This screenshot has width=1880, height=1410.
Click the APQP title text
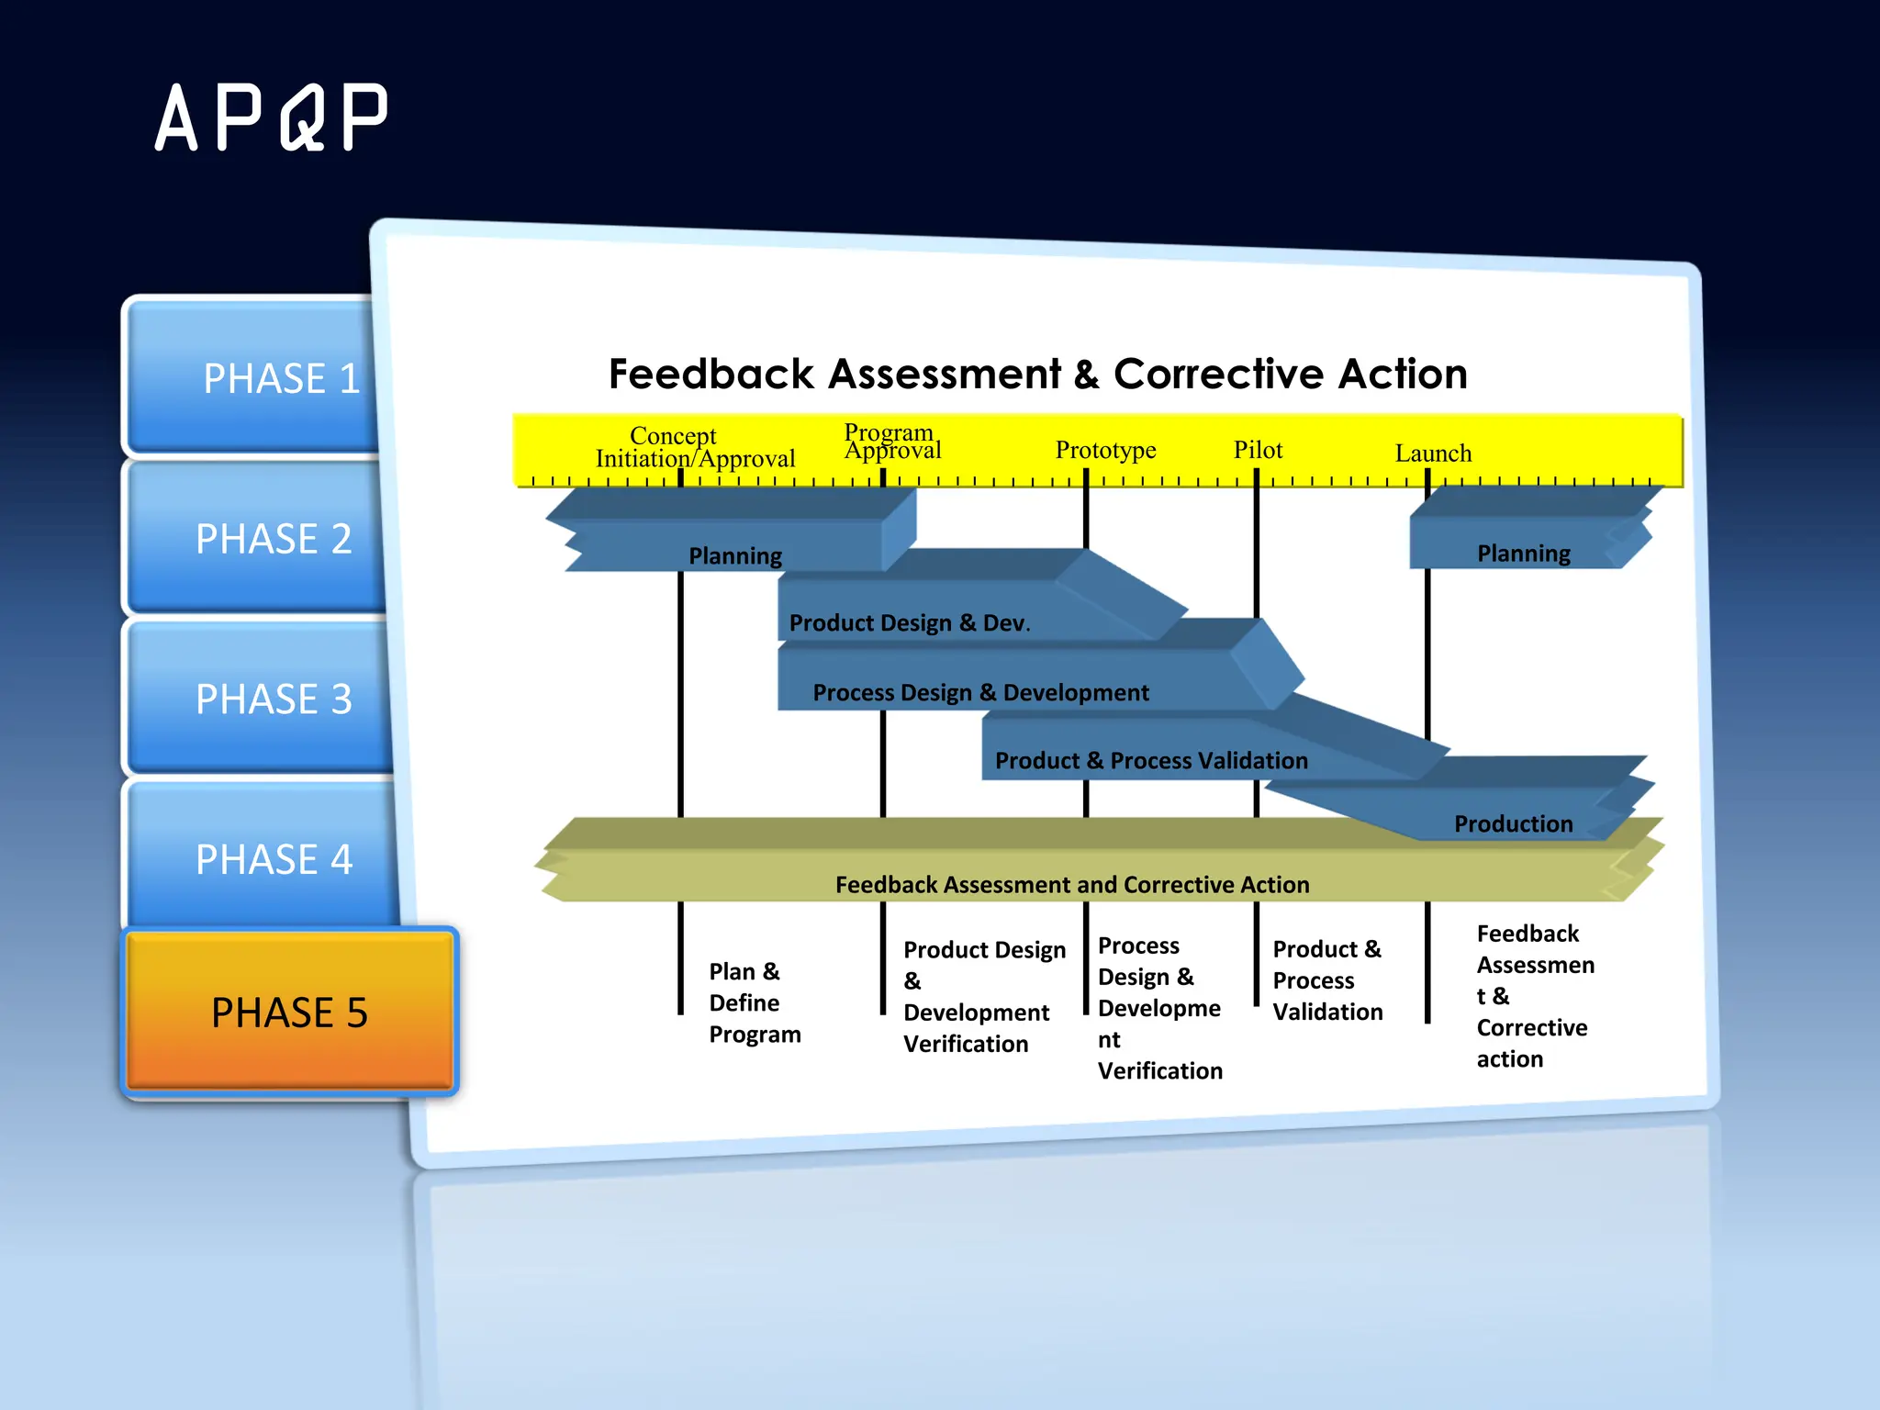click(272, 117)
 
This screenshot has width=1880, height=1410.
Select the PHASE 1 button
click(266, 378)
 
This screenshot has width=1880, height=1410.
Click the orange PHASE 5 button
click(289, 1013)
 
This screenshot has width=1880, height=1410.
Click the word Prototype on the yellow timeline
click(1105, 450)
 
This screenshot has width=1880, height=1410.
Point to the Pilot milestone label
click(1258, 450)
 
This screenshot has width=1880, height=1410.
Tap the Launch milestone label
click(1433, 453)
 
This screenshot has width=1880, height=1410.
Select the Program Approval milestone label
click(892, 442)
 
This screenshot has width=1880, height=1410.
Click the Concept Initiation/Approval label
click(695, 447)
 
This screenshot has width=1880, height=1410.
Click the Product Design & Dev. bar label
click(909, 623)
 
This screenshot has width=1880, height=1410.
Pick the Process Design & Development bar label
click(980, 693)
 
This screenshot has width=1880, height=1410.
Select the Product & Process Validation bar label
click(1151, 761)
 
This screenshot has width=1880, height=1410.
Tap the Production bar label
click(1513, 824)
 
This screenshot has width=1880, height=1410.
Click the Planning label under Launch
click(1523, 554)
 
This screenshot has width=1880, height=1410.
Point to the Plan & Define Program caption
click(754, 1002)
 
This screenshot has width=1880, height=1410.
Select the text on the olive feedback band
click(1072, 885)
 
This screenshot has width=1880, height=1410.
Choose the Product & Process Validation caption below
click(1327, 980)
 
